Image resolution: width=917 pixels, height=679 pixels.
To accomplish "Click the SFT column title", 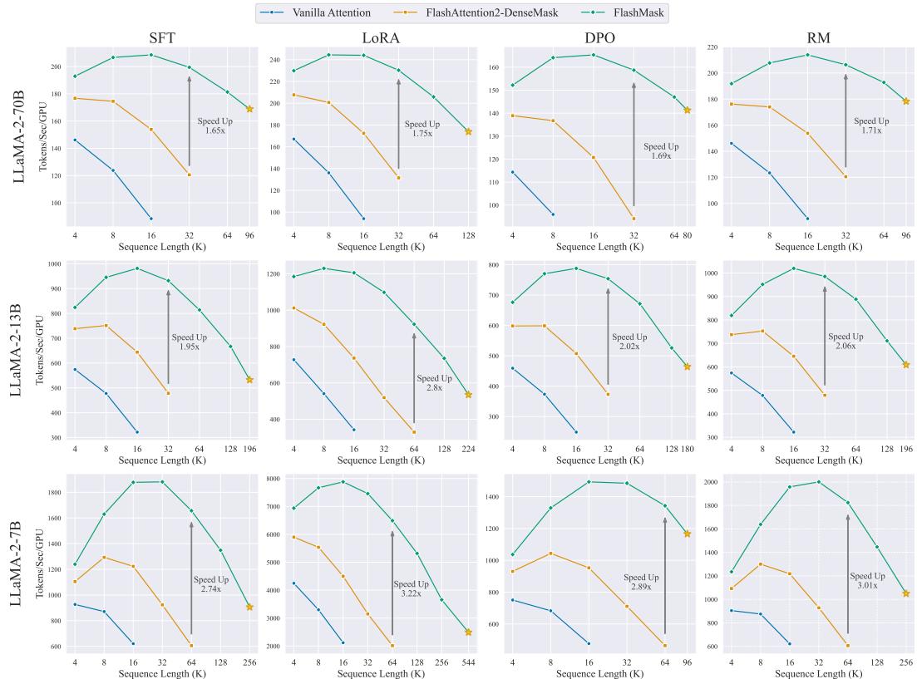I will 162,37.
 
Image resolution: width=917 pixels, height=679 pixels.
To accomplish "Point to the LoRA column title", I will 381,37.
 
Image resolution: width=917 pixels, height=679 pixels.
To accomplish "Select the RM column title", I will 819,37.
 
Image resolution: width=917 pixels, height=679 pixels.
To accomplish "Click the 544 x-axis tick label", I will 468,662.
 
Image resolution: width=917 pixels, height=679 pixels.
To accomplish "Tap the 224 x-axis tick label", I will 468,449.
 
